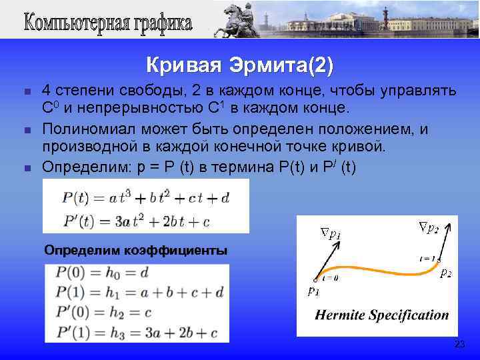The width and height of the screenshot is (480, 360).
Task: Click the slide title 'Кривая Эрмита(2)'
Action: (x=239, y=66)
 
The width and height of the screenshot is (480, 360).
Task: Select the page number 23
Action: (x=459, y=344)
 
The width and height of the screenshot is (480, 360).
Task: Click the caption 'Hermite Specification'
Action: (x=382, y=315)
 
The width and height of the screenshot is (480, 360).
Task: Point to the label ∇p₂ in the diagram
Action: (x=428, y=228)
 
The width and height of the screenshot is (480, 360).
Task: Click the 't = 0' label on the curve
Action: (x=328, y=277)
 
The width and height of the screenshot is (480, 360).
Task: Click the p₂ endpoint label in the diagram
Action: (x=445, y=273)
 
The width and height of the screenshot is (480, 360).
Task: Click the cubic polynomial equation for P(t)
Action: (x=145, y=198)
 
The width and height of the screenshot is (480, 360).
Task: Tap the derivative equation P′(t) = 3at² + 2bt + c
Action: (x=136, y=221)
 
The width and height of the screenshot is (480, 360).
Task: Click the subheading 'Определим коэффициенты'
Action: (x=135, y=251)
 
